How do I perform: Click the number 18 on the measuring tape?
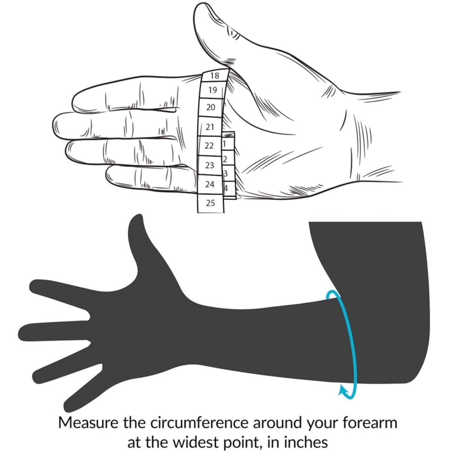215,76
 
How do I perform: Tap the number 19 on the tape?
213,90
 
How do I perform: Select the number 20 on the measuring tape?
211,107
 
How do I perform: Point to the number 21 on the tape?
210,127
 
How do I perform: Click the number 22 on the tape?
209,146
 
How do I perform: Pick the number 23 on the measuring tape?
210,165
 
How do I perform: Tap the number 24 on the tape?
210,184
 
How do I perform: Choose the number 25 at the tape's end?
210,203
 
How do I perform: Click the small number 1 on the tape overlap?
224,144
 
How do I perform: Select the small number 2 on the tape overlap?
225,159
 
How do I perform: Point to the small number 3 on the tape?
226,174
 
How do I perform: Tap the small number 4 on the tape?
226,188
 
